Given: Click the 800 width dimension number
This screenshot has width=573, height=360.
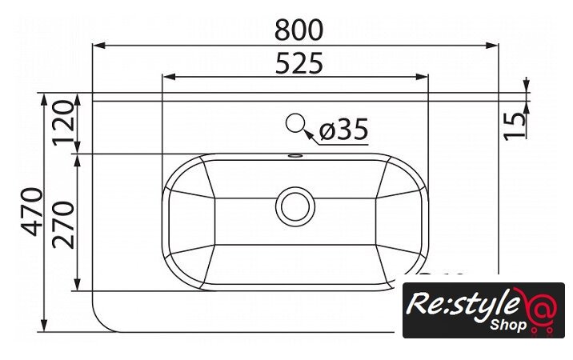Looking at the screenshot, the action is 299,30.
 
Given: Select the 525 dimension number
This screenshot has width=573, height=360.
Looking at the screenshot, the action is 299,63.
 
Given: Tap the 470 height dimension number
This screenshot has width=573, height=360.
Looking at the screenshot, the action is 32,212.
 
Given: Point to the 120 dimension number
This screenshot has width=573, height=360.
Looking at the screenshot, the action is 63,123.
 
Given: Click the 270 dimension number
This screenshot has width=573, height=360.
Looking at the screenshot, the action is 63,225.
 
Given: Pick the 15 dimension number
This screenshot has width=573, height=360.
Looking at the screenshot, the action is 515,126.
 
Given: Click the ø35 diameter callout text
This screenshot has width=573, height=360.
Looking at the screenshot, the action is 344,130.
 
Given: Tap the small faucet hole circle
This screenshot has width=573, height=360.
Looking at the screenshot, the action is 295,123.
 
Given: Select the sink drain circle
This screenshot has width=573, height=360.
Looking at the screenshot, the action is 295,206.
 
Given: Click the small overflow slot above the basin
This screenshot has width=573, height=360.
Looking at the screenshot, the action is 295,156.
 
